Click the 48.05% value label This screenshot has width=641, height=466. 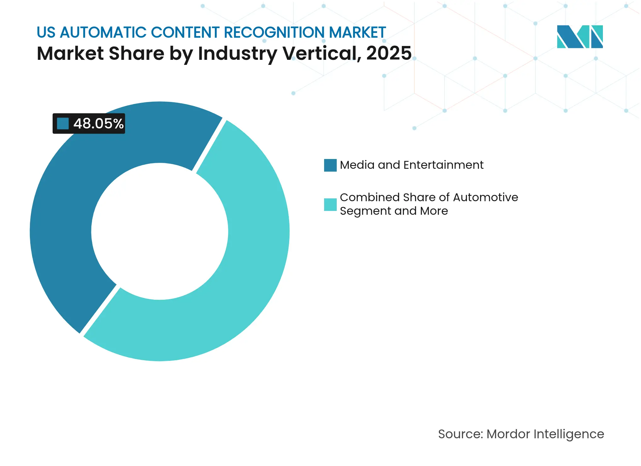pyautogui.click(x=98, y=124)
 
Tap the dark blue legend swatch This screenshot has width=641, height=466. pyautogui.click(x=330, y=165)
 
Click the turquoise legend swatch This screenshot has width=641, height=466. pyautogui.click(x=330, y=205)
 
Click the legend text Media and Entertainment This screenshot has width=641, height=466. pyautogui.click(x=411, y=165)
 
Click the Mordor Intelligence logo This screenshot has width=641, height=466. pyautogui.click(x=580, y=37)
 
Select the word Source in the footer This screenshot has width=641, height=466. pyautogui.click(x=460, y=434)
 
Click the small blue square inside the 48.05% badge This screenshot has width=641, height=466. pyautogui.click(x=63, y=124)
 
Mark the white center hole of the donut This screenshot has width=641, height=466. pyautogui.click(x=160, y=231)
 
